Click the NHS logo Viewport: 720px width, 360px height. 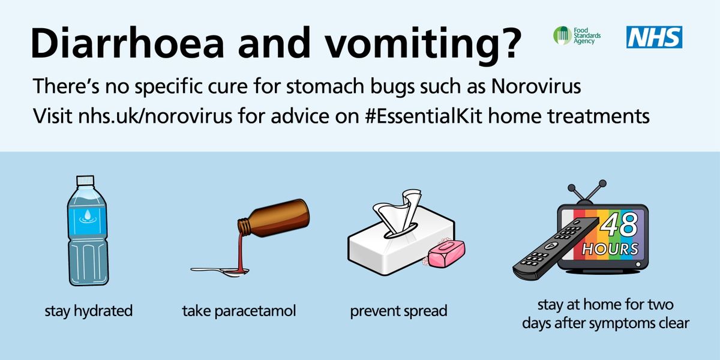(655, 37)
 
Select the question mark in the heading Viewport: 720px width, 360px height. (505, 43)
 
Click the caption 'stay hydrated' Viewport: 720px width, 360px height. (89, 311)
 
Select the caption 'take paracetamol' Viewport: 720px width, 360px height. (239, 311)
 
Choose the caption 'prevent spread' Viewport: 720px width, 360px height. (398, 311)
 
